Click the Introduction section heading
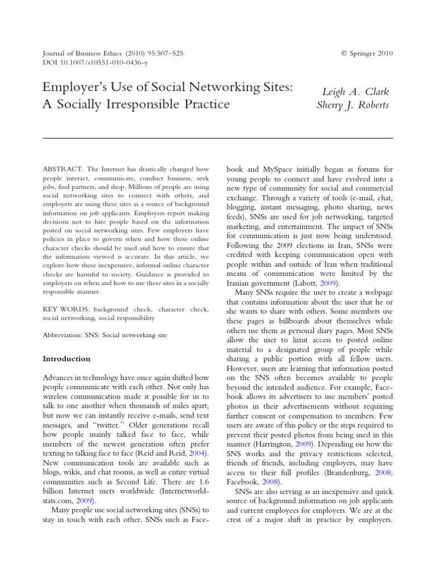pos(66,359)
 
